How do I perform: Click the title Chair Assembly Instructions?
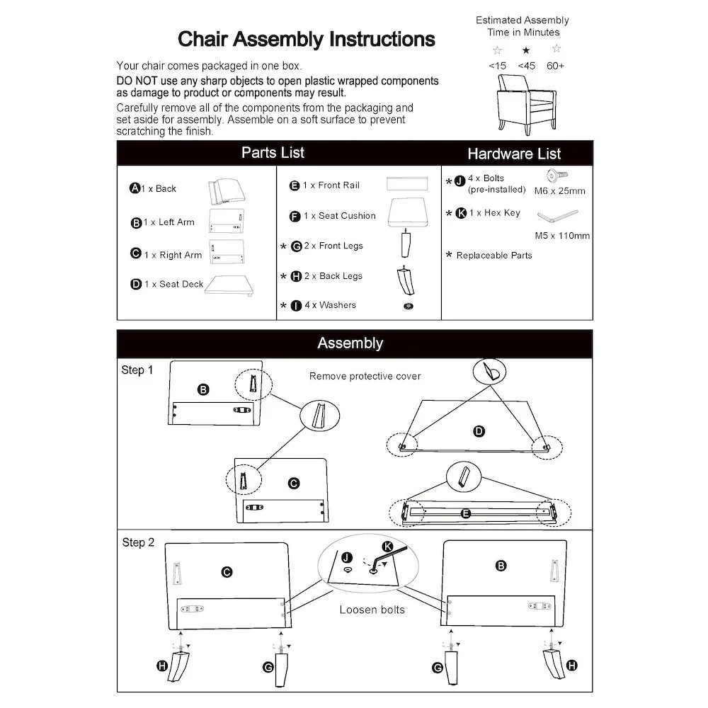[306, 38]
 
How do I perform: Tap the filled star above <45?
[526, 50]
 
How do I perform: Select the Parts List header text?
[273, 153]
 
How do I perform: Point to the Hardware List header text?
[514, 154]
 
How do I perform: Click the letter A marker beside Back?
[135, 188]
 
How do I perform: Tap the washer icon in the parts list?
[408, 306]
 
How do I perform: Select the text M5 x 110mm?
[562, 236]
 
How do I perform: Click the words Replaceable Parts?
[494, 256]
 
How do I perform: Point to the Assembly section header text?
[350, 343]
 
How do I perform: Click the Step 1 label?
[137, 370]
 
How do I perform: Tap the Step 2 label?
[138, 543]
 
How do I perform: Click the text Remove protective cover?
[365, 376]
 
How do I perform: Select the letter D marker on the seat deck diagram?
[479, 431]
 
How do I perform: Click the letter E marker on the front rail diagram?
[466, 514]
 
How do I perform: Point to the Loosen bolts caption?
[372, 610]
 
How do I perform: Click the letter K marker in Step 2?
[387, 546]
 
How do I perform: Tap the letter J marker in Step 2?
[347, 557]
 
